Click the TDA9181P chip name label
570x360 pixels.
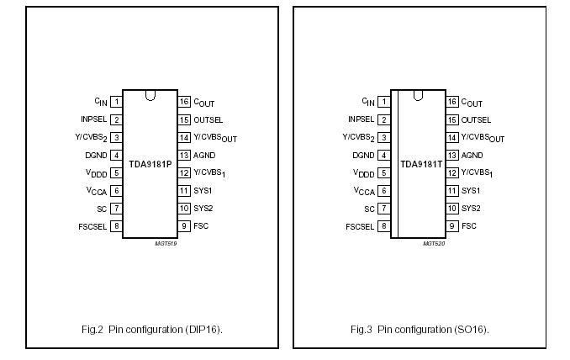(x=150, y=164)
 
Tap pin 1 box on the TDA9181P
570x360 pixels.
(x=116, y=102)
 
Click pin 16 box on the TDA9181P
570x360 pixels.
(x=184, y=102)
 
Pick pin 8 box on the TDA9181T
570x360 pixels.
(x=384, y=226)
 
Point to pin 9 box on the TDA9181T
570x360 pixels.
(x=452, y=226)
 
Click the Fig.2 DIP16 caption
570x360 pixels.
(x=152, y=329)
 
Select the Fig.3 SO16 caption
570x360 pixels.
(x=420, y=329)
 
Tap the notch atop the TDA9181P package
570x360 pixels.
(x=150, y=95)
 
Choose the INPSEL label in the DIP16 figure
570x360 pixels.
(x=93, y=119)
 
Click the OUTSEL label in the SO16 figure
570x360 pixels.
(x=476, y=119)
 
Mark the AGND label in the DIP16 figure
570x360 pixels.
(x=204, y=156)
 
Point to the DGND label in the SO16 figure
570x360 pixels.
(x=363, y=156)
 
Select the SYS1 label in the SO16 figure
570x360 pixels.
(x=471, y=191)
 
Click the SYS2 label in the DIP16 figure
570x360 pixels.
(x=203, y=209)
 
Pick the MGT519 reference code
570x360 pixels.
(x=166, y=243)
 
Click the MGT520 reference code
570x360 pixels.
(x=434, y=243)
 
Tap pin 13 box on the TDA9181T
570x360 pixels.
(x=452, y=156)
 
